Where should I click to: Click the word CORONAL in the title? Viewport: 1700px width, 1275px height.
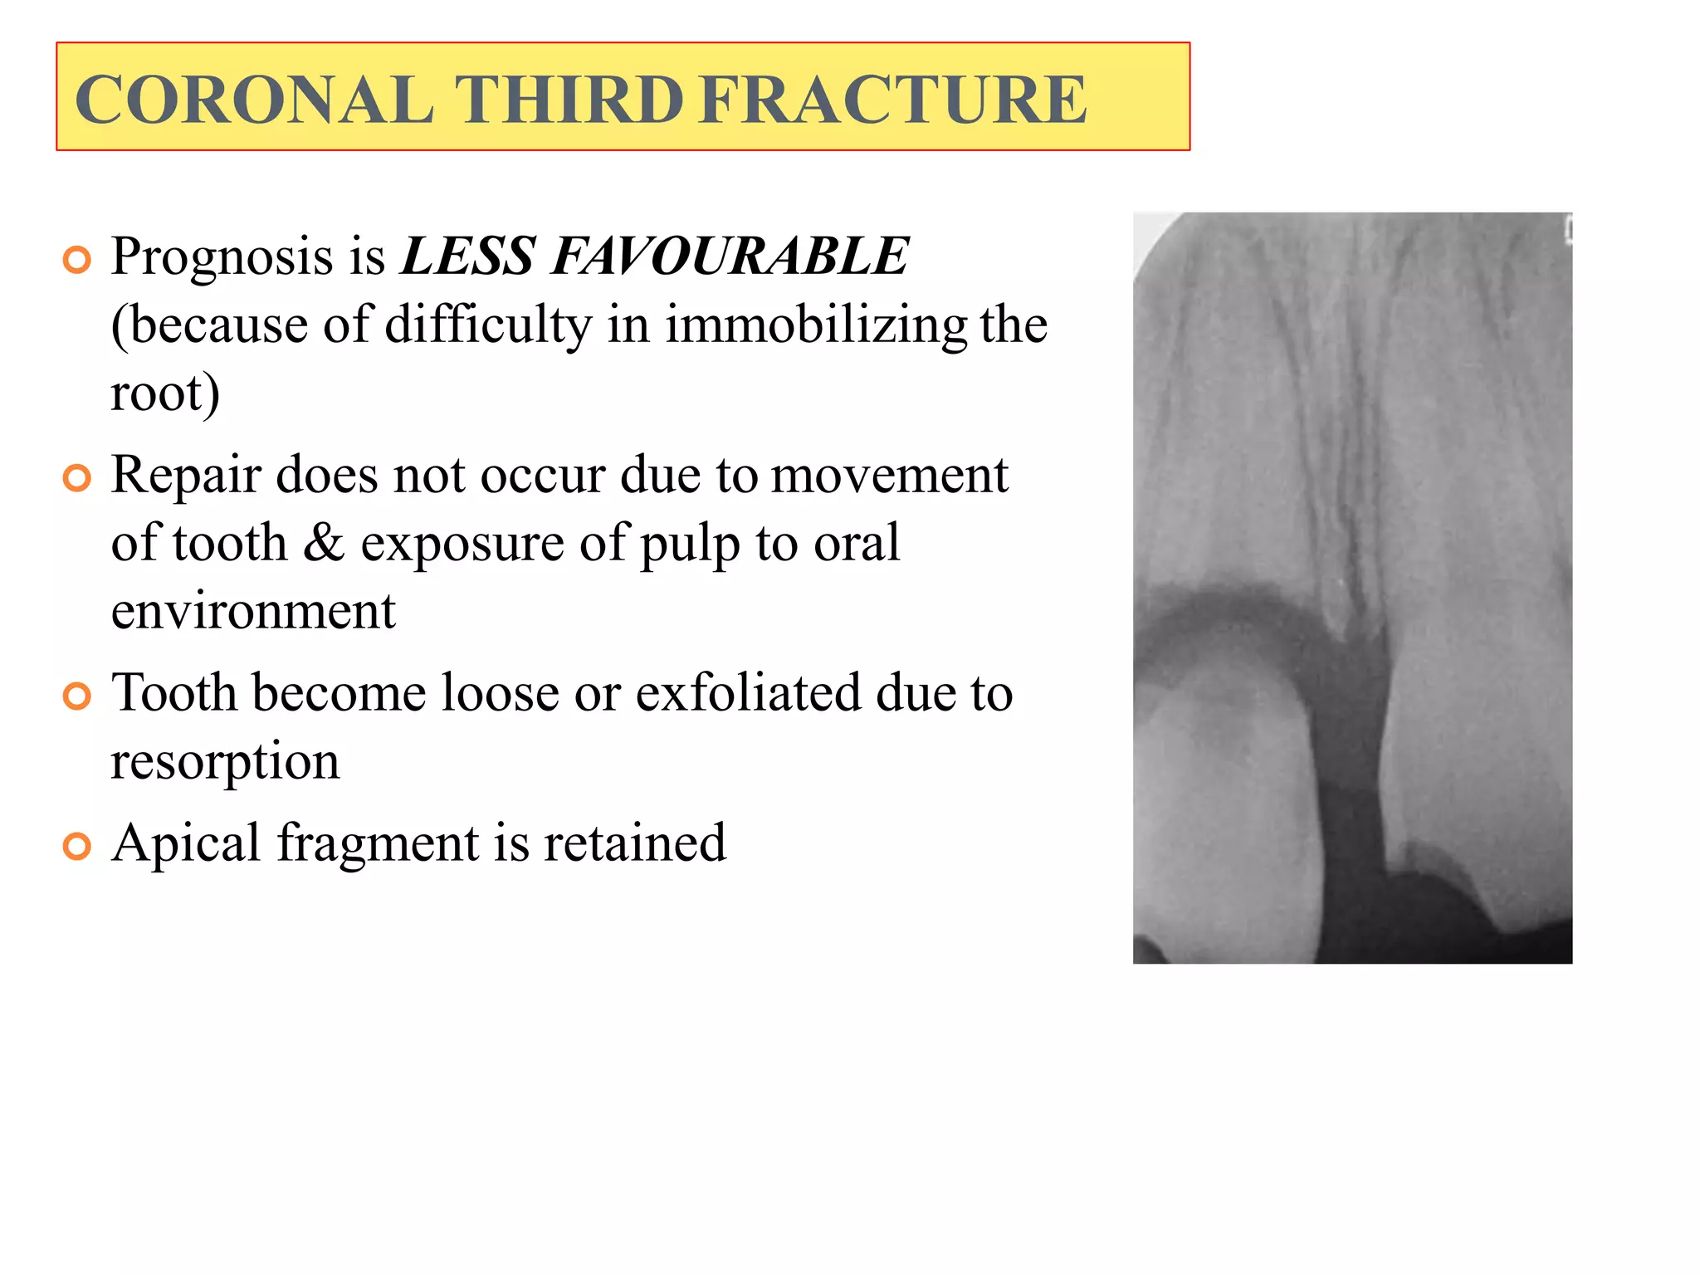click(253, 100)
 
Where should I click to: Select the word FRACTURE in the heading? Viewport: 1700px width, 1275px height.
click(892, 100)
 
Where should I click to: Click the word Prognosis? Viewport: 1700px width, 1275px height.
click(222, 257)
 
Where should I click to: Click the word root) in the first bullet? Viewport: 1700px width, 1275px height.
click(165, 393)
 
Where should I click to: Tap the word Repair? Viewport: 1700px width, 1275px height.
click(187, 476)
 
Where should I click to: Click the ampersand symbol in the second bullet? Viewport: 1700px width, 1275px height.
click(324, 543)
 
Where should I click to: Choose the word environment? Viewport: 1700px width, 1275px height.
click(253, 611)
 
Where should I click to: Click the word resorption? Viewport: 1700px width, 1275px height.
click(225, 761)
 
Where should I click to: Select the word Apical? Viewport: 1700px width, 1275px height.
click(186, 844)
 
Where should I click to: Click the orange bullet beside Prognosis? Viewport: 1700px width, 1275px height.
click(76, 261)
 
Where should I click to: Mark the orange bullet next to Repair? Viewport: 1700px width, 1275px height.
click(76, 478)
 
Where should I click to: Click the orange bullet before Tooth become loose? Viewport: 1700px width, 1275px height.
click(76, 696)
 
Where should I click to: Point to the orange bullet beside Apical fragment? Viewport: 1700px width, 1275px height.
click(76, 847)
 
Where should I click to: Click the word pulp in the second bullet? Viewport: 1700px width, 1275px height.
click(690, 545)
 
